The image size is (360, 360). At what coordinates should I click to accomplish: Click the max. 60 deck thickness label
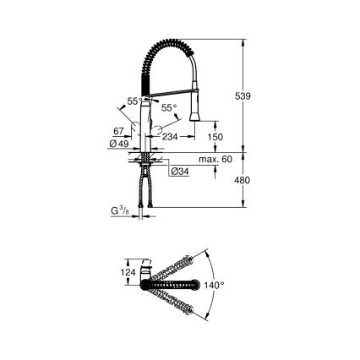pyautogui.click(x=216, y=159)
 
